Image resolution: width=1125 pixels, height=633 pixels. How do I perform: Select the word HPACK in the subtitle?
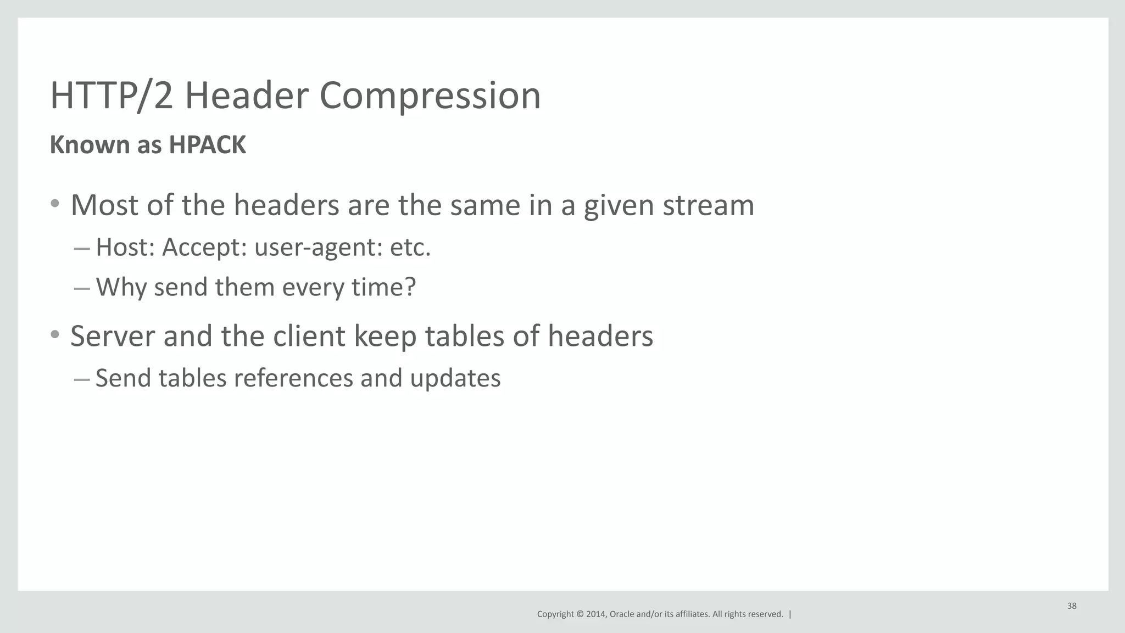click(x=207, y=145)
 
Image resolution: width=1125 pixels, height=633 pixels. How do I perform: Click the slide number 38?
click(x=1072, y=606)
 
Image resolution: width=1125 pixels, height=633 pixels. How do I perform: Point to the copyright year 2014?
click(x=596, y=614)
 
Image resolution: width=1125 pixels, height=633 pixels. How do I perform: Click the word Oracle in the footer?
click(x=621, y=614)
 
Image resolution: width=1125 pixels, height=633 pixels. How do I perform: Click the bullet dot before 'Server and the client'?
click(x=54, y=334)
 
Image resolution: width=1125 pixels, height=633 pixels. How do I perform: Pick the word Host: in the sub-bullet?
click(x=125, y=247)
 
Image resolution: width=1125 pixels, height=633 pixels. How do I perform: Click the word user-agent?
click(x=318, y=247)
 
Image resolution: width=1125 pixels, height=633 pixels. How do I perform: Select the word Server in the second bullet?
click(x=113, y=336)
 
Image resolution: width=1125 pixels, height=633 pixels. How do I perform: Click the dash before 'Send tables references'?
click(x=81, y=378)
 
